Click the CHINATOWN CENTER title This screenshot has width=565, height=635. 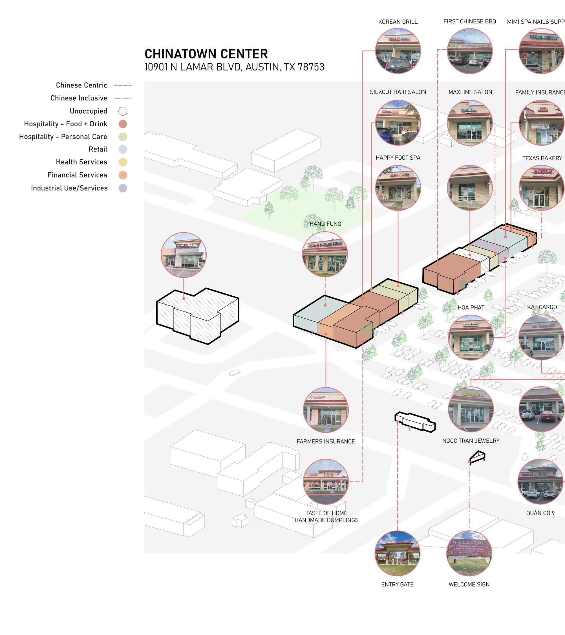coord(206,54)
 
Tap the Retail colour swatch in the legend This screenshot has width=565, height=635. coord(123,150)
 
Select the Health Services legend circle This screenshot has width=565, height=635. coord(123,162)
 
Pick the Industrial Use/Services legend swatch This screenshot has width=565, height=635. coord(123,188)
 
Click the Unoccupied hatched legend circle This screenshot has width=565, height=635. coord(123,111)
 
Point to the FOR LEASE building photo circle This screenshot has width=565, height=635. coord(184,255)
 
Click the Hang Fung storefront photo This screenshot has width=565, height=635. coord(325,254)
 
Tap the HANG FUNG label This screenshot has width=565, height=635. coord(325,224)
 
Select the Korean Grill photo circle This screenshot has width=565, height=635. coord(398,51)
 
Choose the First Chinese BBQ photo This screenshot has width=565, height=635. coord(470,51)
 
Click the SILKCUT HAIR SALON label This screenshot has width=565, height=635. coord(398,92)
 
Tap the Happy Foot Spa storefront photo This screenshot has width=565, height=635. coord(398,188)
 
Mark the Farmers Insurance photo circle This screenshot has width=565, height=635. coord(326,410)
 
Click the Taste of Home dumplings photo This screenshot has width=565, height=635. coord(326,482)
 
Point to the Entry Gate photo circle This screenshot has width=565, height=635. coord(397,553)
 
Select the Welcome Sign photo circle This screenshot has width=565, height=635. coord(469,553)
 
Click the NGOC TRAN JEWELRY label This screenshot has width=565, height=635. coord(471,441)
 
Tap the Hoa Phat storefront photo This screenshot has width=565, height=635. coord(471,337)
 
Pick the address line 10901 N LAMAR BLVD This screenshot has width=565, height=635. coord(234,67)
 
